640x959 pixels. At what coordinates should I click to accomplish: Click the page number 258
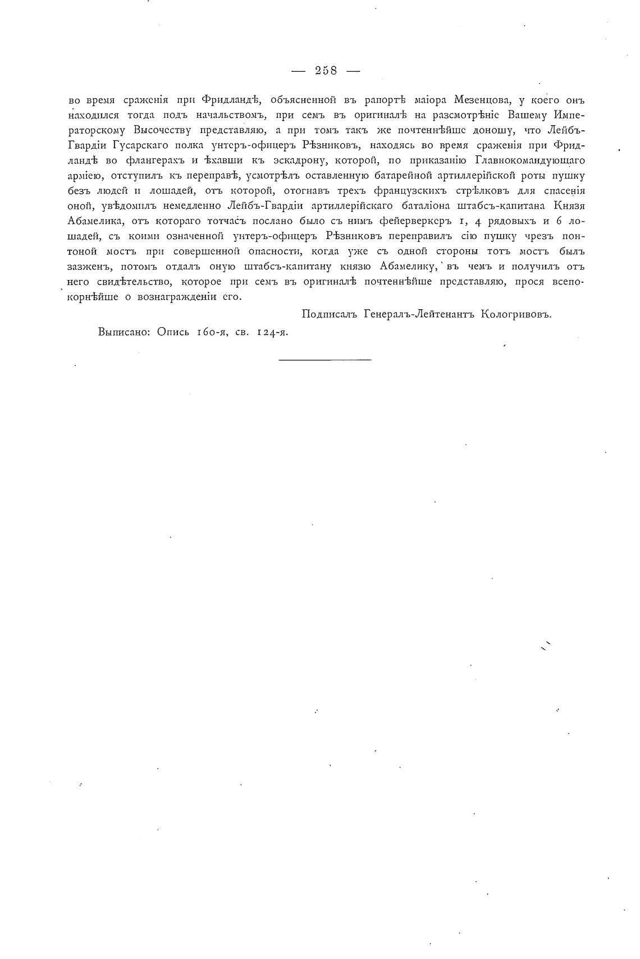[326, 71]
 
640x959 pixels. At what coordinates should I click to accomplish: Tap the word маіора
[428, 100]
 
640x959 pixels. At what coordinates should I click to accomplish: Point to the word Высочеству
[161, 131]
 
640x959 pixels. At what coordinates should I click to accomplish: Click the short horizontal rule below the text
[325, 359]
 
